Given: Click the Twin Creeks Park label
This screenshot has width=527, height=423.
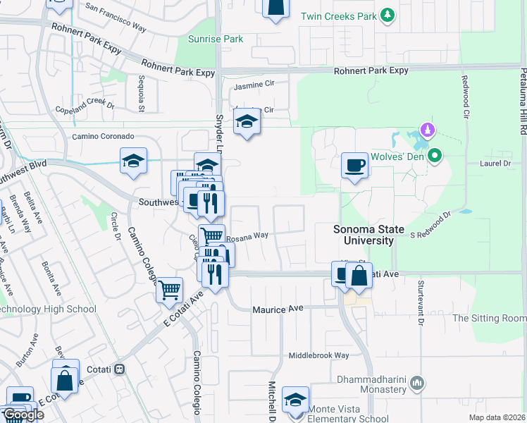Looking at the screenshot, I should [x=337, y=16].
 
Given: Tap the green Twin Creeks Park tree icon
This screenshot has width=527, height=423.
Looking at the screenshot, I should [x=386, y=16].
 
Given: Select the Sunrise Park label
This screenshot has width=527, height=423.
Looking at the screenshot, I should [x=216, y=39].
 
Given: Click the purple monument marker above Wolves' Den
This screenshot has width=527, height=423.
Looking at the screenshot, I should [x=426, y=130].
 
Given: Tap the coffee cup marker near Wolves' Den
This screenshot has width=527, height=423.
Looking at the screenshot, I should [x=354, y=166].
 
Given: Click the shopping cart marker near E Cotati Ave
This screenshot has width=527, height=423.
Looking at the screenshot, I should [x=170, y=289].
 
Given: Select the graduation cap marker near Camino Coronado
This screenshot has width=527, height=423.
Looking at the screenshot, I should [x=133, y=161].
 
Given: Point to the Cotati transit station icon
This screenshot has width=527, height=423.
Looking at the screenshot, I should [x=120, y=368].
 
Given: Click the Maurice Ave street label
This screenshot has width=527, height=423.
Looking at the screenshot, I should [x=278, y=309].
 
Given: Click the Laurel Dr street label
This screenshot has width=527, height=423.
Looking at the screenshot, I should [x=497, y=163].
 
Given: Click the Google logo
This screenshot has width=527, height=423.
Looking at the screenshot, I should [x=23, y=415].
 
